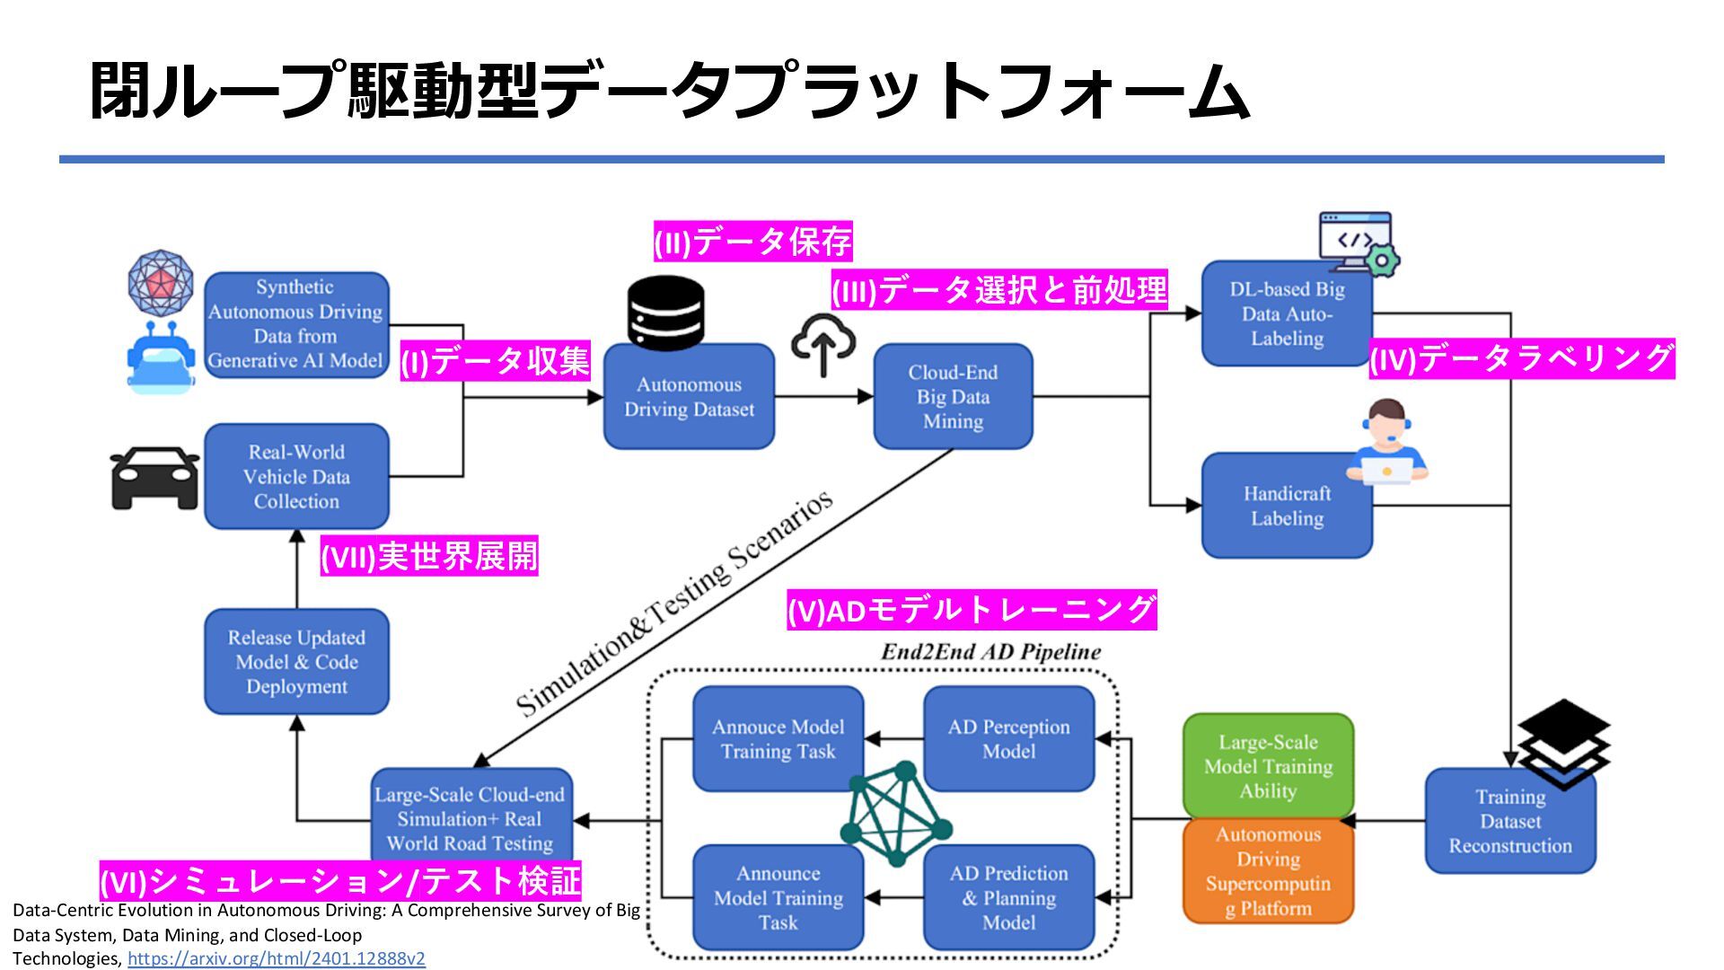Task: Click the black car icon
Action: click(x=154, y=478)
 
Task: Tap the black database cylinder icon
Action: click(x=666, y=313)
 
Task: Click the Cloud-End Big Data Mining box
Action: click(x=953, y=396)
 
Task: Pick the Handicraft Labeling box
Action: click(x=1287, y=506)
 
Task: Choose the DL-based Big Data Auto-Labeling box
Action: click(x=1287, y=314)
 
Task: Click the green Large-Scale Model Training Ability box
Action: click(x=1268, y=766)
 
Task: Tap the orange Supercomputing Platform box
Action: click(x=1268, y=871)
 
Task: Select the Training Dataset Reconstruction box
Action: click(x=1510, y=821)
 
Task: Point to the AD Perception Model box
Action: click(x=1008, y=739)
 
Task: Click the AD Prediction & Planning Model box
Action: click(x=1008, y=897)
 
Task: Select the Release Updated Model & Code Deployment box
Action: click(x=296, y=662)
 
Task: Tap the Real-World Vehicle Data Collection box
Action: click(x=296, y=477)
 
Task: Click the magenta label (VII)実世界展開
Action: click(x=429, y=557)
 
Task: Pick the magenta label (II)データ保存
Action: click(x=752, y=242)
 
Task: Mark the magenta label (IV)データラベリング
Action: click(x=1521, y=358)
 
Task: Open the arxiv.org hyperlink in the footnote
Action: click(x=277, y=958)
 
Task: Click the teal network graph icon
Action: click(x=895, y=814)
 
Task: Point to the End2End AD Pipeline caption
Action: click(x=990, y=652)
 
